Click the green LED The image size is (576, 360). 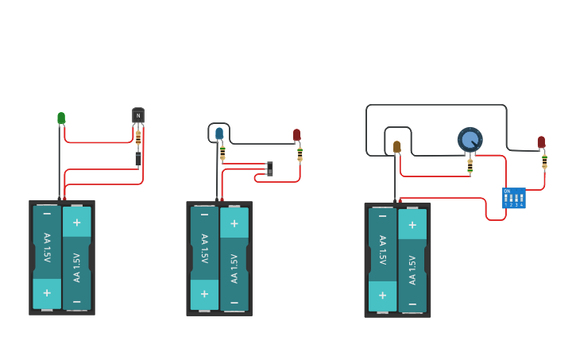[61, 118]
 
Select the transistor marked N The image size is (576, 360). [138, 115]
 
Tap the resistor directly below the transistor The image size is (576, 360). [138, 138]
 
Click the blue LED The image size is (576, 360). [219, 134]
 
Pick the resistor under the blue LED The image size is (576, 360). [222, 152]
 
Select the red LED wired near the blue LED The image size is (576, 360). [297, 135]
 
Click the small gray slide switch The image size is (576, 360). [270, 168]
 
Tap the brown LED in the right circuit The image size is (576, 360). [396, 146]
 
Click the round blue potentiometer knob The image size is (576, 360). [470, 140]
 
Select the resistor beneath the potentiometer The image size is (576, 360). [470, 166]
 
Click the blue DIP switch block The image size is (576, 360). [513, 198]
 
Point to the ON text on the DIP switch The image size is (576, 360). [507, 191]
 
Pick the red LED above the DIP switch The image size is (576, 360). [541, 142]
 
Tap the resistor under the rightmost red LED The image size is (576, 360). [544, 161]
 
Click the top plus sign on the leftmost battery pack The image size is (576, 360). [77, 223]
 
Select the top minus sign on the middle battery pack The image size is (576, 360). [204, 215]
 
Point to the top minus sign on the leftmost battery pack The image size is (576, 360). [47, 214]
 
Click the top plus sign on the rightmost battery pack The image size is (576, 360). [412, 225]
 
